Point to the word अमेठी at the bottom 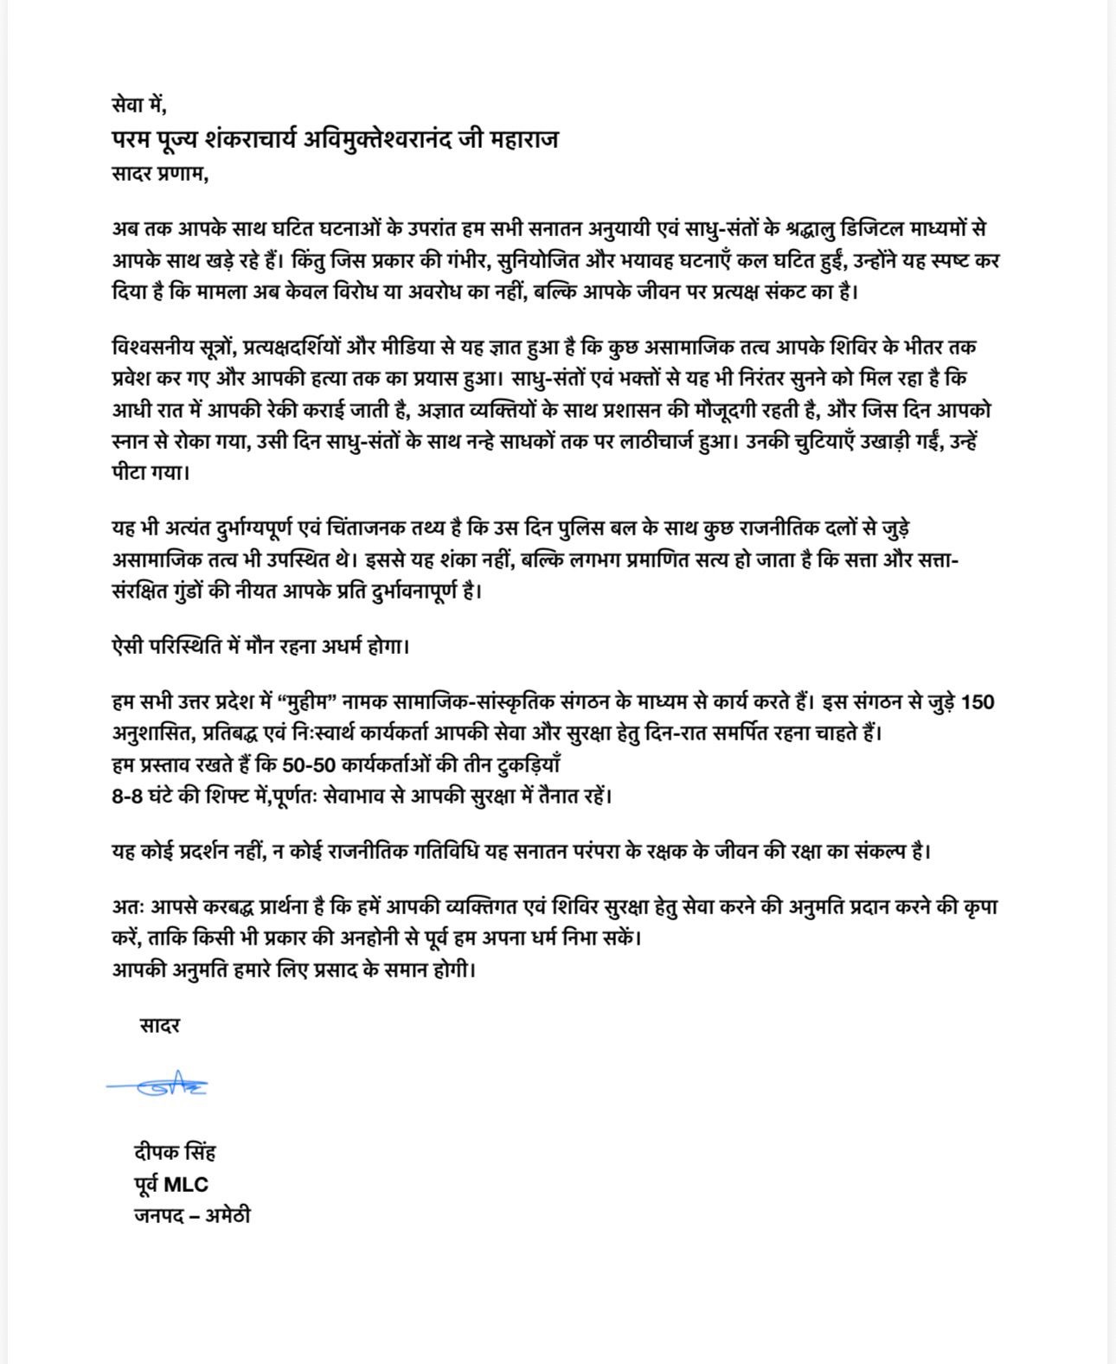[228, 1215]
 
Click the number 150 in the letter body [978, 701]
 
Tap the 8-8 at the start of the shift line [128, 796]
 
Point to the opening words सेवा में [138, 106]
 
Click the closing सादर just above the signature [159, 1026]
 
